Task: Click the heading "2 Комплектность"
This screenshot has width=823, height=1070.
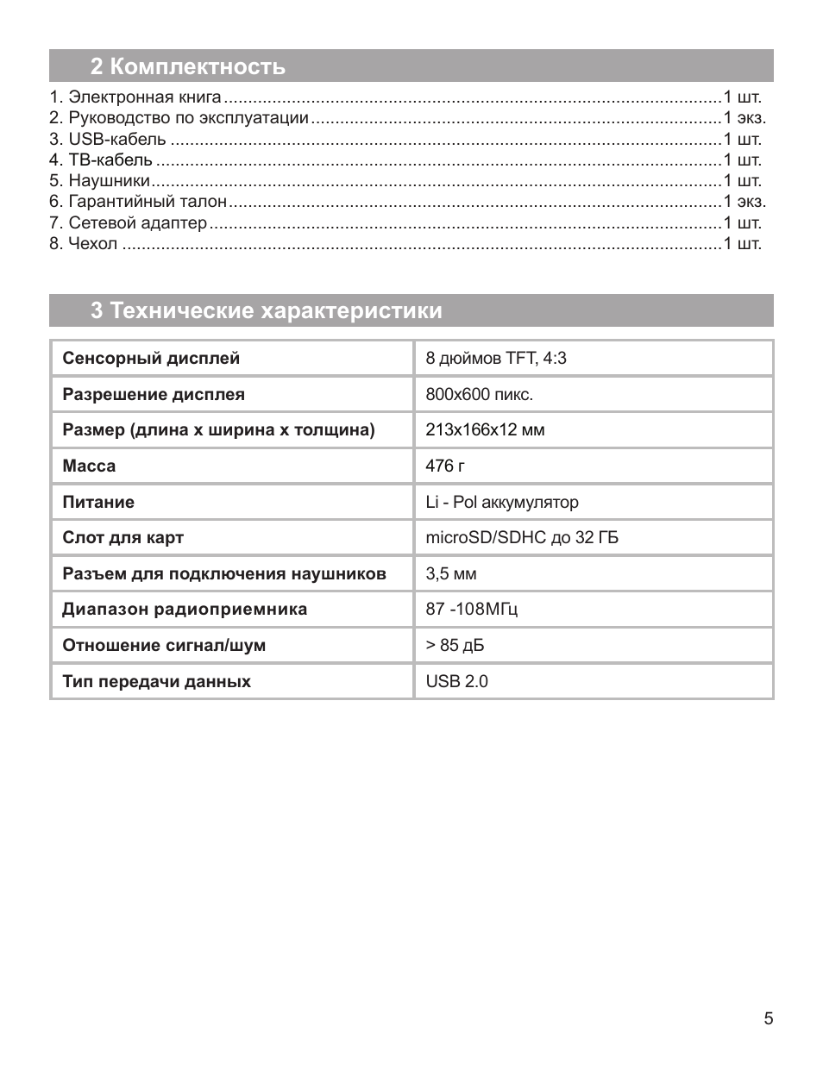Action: click(x=187, y=66)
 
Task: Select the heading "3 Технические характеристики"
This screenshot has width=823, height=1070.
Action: click(x=266, y=310)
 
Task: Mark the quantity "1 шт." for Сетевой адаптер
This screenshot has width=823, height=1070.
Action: click(x=742, y=223)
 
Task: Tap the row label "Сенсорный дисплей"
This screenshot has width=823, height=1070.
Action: click(x=151, y=358)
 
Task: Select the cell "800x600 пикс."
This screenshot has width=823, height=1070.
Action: click(x=479, y=394)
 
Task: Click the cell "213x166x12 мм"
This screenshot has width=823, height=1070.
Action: click(x=485, y=429)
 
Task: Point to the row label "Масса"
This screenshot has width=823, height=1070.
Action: click(x=89, y=466)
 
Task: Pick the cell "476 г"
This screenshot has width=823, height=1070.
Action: click(x=445, y=466)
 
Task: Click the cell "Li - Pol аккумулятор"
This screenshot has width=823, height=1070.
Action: click(x=502, y=502)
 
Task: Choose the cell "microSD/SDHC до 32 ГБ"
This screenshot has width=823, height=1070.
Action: click(x=522, y=537)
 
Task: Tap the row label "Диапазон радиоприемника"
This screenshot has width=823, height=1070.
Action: click(x=185, y=609)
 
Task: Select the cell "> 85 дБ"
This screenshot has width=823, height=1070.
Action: click(x=455, y=645)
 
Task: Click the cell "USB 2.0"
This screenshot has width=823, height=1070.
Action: click(x=456, y=681)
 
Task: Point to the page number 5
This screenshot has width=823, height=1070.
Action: click(x=768, y=1019)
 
